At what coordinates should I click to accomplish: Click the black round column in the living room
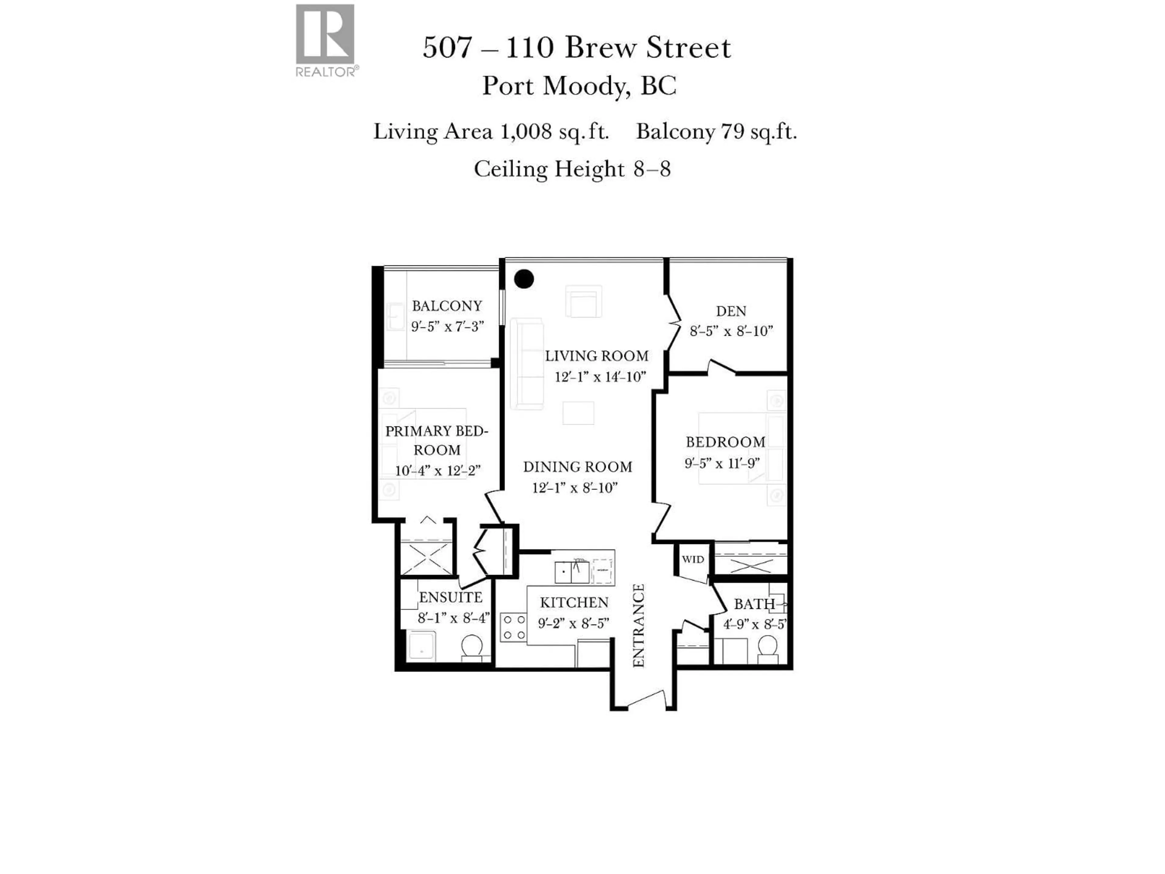pos(524,279)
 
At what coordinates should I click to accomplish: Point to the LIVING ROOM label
pos(597,356)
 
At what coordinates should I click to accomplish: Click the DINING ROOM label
pos(578,467)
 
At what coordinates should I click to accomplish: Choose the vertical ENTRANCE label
pos(638,625)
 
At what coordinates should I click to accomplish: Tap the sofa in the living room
pos(526,364)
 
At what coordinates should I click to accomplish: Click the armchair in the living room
pos(583,302)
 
